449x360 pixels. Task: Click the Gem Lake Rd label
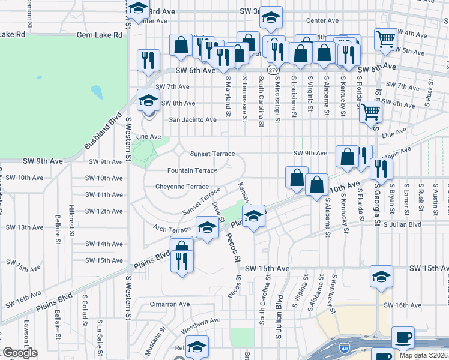[100, 35]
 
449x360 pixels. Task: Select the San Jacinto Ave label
[192, 119]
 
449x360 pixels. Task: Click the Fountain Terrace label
[192, 170]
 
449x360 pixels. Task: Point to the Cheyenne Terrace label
[182, 187]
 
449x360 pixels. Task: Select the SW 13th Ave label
[24, 227]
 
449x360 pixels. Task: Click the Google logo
[19, 353]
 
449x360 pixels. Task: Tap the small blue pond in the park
[97, 92]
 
